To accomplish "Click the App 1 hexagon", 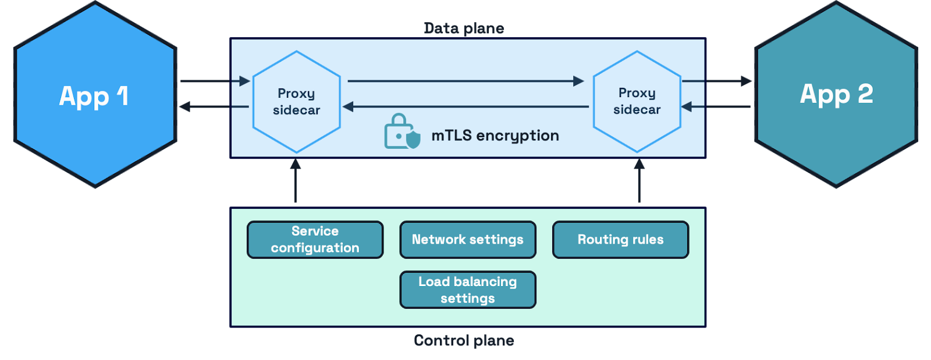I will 95,95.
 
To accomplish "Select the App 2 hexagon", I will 836,95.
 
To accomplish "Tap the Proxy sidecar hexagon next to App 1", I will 297,102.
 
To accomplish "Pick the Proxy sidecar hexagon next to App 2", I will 637,102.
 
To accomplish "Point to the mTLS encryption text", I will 495,136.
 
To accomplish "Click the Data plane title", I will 464,28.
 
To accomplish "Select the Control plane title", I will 464,341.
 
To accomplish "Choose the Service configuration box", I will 315,240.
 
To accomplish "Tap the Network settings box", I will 468,240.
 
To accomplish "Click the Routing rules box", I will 620,240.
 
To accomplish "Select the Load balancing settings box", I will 468,290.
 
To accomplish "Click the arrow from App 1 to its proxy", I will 215,81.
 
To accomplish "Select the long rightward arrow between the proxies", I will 465,81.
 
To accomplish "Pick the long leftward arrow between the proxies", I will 465,106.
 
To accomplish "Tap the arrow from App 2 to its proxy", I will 716,106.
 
